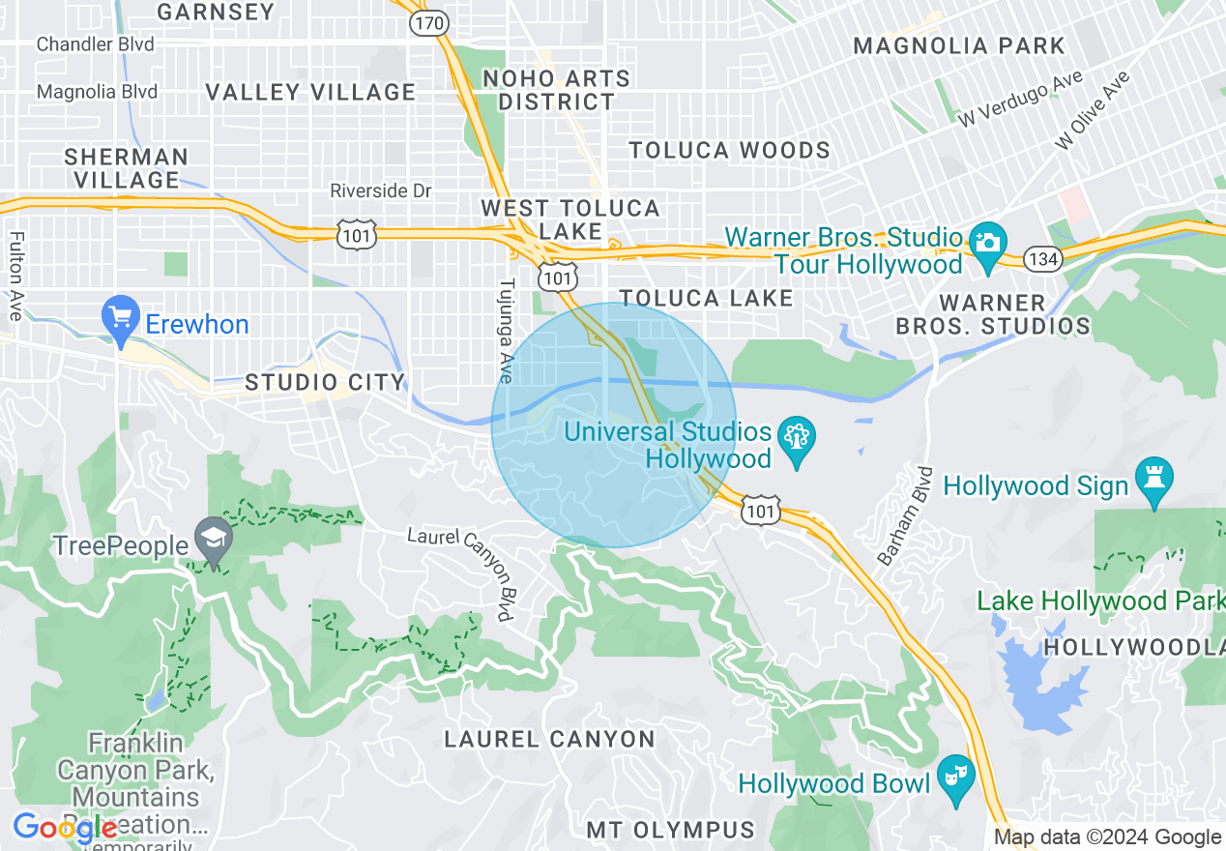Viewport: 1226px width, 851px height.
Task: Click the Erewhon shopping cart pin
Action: tap(121, 318)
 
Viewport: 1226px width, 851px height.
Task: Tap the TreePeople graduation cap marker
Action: tap(213, 540)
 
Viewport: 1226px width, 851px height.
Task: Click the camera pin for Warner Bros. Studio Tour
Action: tap(987, 241)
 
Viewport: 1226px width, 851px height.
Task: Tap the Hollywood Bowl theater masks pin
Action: tap(956, 778)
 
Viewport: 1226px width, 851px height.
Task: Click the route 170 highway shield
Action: tap(428, 23)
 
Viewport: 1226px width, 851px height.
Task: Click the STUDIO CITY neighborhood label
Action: tap(324, 383)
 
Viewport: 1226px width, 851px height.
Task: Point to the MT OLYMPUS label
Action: tap(671, 830)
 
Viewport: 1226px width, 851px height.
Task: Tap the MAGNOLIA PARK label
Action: tap(959, 45)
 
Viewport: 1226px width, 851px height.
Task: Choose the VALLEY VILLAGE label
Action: tap(310, 92)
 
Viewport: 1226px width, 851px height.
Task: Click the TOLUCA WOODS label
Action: tap(729, 150)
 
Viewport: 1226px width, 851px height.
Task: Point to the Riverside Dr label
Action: tap(380, 191)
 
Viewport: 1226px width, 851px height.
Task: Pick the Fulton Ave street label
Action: tap(16, 273)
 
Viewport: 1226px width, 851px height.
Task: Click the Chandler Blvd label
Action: tap(95, 44)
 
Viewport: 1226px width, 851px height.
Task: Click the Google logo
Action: tap(65, 829)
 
